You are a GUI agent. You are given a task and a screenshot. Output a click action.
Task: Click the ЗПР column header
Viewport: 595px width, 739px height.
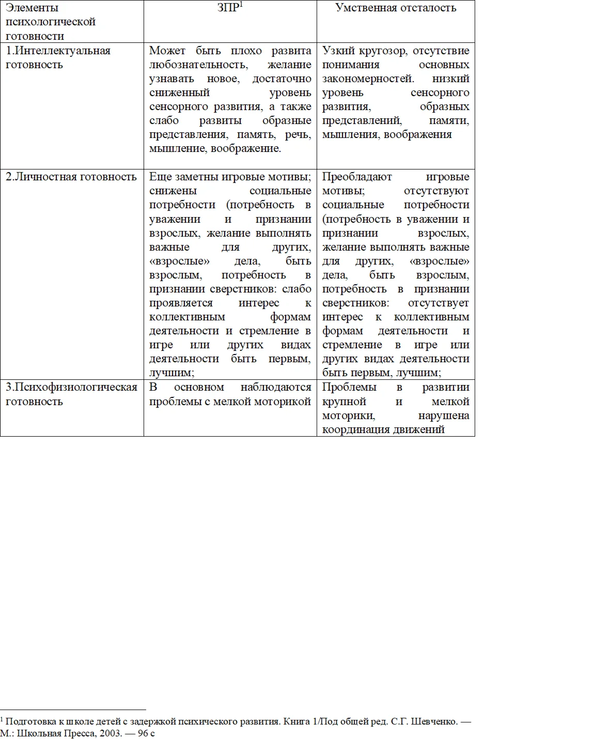(x=228, y=8)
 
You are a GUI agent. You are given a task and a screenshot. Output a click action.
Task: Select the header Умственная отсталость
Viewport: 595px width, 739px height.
(x=396, y=8)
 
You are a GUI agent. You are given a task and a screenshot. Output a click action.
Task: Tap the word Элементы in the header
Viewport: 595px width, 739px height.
(x=32, y=8)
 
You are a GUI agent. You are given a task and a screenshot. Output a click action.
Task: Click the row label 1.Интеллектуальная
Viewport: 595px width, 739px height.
(x=58, y=51)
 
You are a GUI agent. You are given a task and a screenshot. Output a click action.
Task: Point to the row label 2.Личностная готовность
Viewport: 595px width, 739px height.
(x=71, y=177)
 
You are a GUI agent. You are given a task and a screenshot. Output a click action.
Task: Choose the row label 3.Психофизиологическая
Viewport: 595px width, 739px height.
(x=71, y=387)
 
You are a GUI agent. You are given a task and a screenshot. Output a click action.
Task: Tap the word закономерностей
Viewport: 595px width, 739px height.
(x=368, y=79)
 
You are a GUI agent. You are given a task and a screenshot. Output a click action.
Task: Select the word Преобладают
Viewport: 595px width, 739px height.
(x=357, y=177)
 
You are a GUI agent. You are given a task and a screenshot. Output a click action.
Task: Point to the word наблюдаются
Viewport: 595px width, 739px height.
(x=276, y=387)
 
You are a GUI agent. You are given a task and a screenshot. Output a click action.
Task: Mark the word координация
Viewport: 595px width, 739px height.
(x=356, y=429)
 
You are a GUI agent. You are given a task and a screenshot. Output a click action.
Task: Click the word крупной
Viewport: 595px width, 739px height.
(x=344, y=402)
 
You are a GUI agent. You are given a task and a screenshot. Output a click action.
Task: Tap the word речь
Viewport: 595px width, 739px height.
(x=298, y=134)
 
